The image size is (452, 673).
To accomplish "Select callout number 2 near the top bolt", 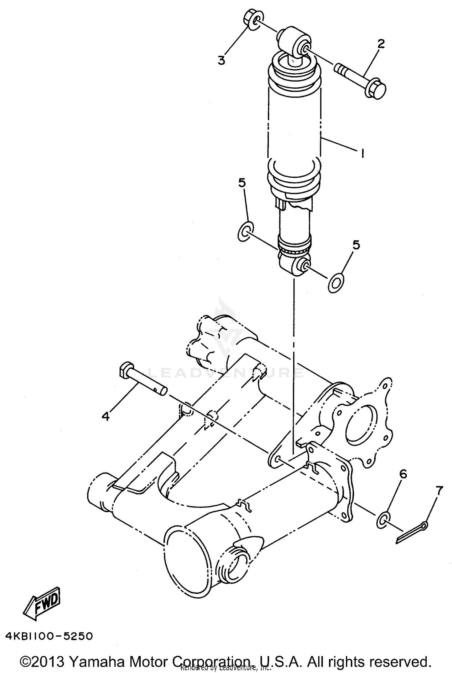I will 381,44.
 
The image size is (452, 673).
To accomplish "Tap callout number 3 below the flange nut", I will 221,60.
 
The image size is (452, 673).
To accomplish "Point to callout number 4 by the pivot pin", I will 105,416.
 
